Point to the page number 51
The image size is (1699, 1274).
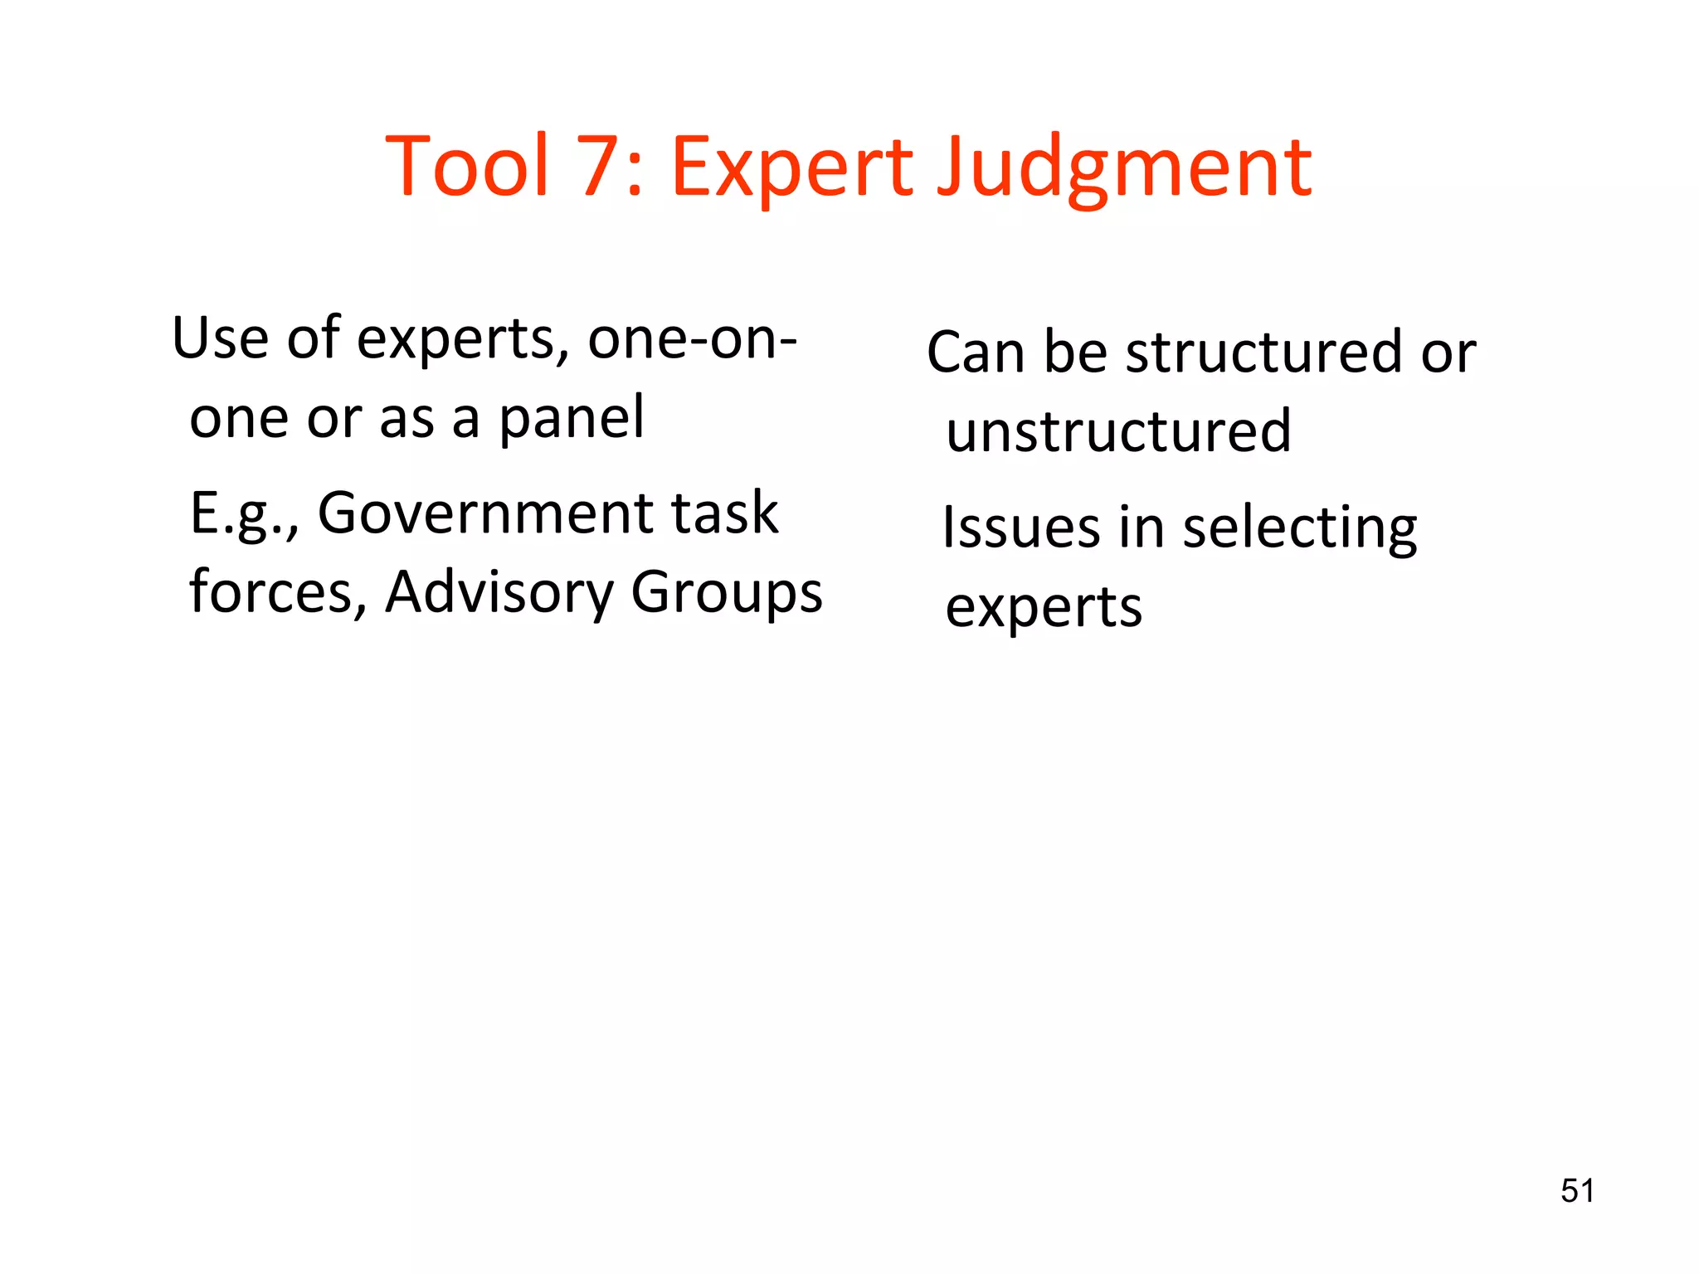1577,1191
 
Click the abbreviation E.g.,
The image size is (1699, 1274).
244,514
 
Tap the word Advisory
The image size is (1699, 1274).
499,594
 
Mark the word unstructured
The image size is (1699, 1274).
1118,431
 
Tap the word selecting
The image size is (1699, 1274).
1299,529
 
